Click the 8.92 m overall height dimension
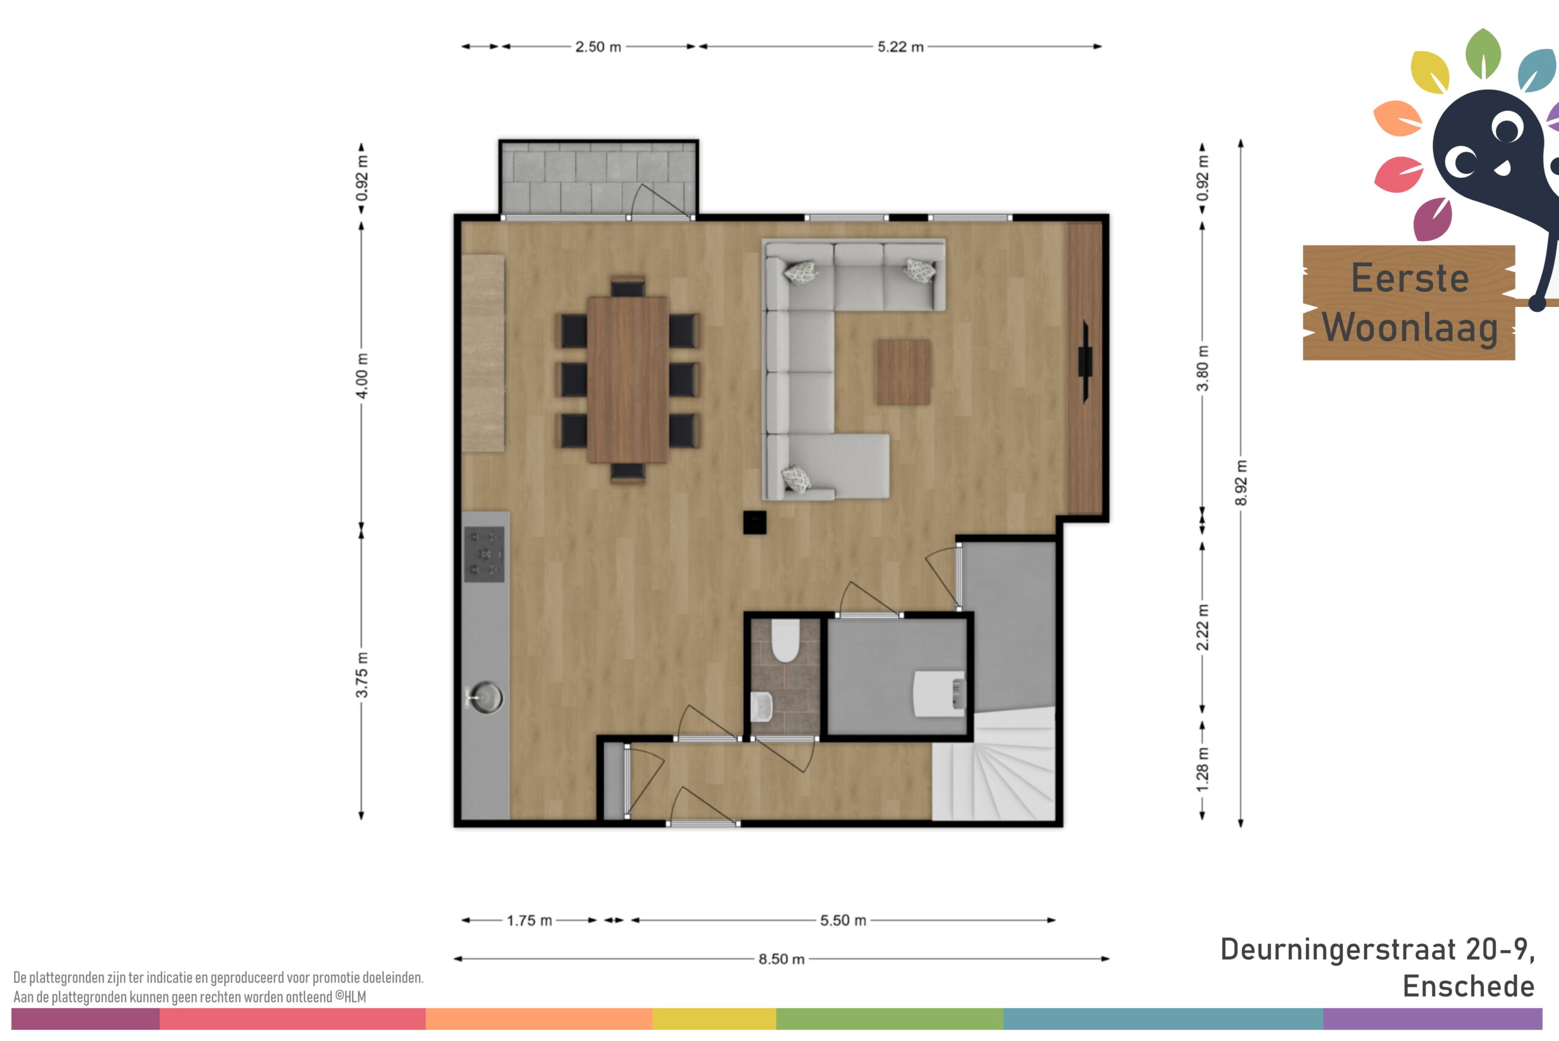(x=1241, y=482)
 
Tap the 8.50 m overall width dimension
(x=781, y=959)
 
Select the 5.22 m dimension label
(x=901, y=46)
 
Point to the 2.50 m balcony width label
(x=598, y=46)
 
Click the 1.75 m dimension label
(x=529, y=920)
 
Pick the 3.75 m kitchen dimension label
(x=362, y=674)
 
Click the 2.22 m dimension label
(x=1202, y=627)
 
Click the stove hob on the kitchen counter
(x=484, y=554)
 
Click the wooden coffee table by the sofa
(x=903, y=372)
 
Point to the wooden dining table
(x=627, y=379)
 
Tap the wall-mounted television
(x=1085, y=362)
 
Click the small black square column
(x=755, y=522)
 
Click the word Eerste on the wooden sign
(x=1410, y=278)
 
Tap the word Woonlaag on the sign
(x=1410, y=328)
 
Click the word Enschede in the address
(x=1468, y=987)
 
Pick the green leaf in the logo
(x=1483, y=53)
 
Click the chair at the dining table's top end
(x=628, y=286)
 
